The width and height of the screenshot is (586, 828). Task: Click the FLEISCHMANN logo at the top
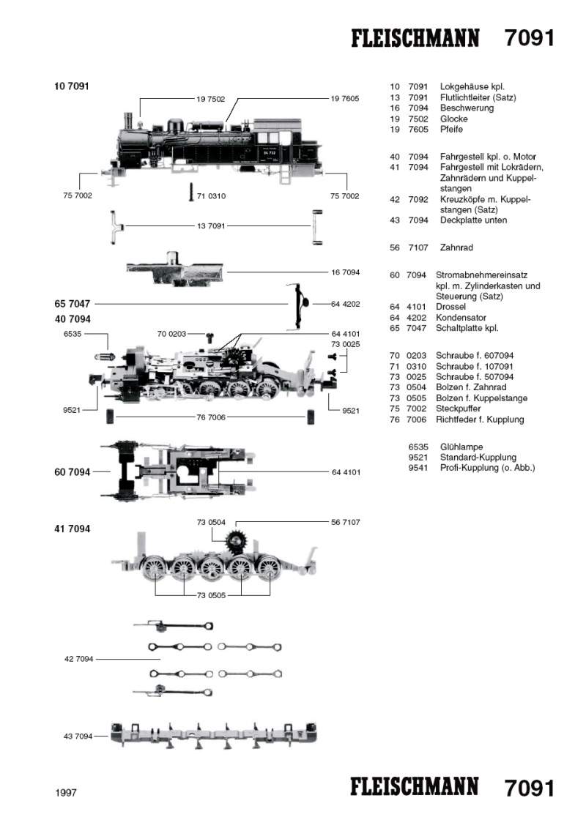click(x=415, y=38)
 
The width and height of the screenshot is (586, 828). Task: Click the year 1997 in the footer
click(x=66, y=792)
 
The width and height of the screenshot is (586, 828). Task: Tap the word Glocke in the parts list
click(x=453, y=119)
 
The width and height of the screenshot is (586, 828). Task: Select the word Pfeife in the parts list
click(x=451, y=130)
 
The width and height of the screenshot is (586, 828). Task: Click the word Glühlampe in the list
click(x=461, y=446)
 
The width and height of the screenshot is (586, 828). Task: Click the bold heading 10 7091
click(x=71, y=86)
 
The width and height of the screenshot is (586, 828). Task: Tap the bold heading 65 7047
click(x=72, y=302)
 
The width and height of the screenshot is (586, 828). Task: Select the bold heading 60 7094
click(x=72, y=472)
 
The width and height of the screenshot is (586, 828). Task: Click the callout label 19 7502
click(x=210, y=98)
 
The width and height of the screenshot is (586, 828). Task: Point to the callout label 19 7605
click(x=344, y=98)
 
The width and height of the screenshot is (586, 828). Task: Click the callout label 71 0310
click(x=212, y=195)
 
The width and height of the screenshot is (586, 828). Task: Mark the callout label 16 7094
click(x=346, y=272)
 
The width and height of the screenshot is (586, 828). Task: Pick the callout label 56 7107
click(x=346, y=521)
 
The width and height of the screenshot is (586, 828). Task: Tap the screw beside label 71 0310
click(x=192, y=192)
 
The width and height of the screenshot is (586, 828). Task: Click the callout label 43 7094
click(x=78, y=736)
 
